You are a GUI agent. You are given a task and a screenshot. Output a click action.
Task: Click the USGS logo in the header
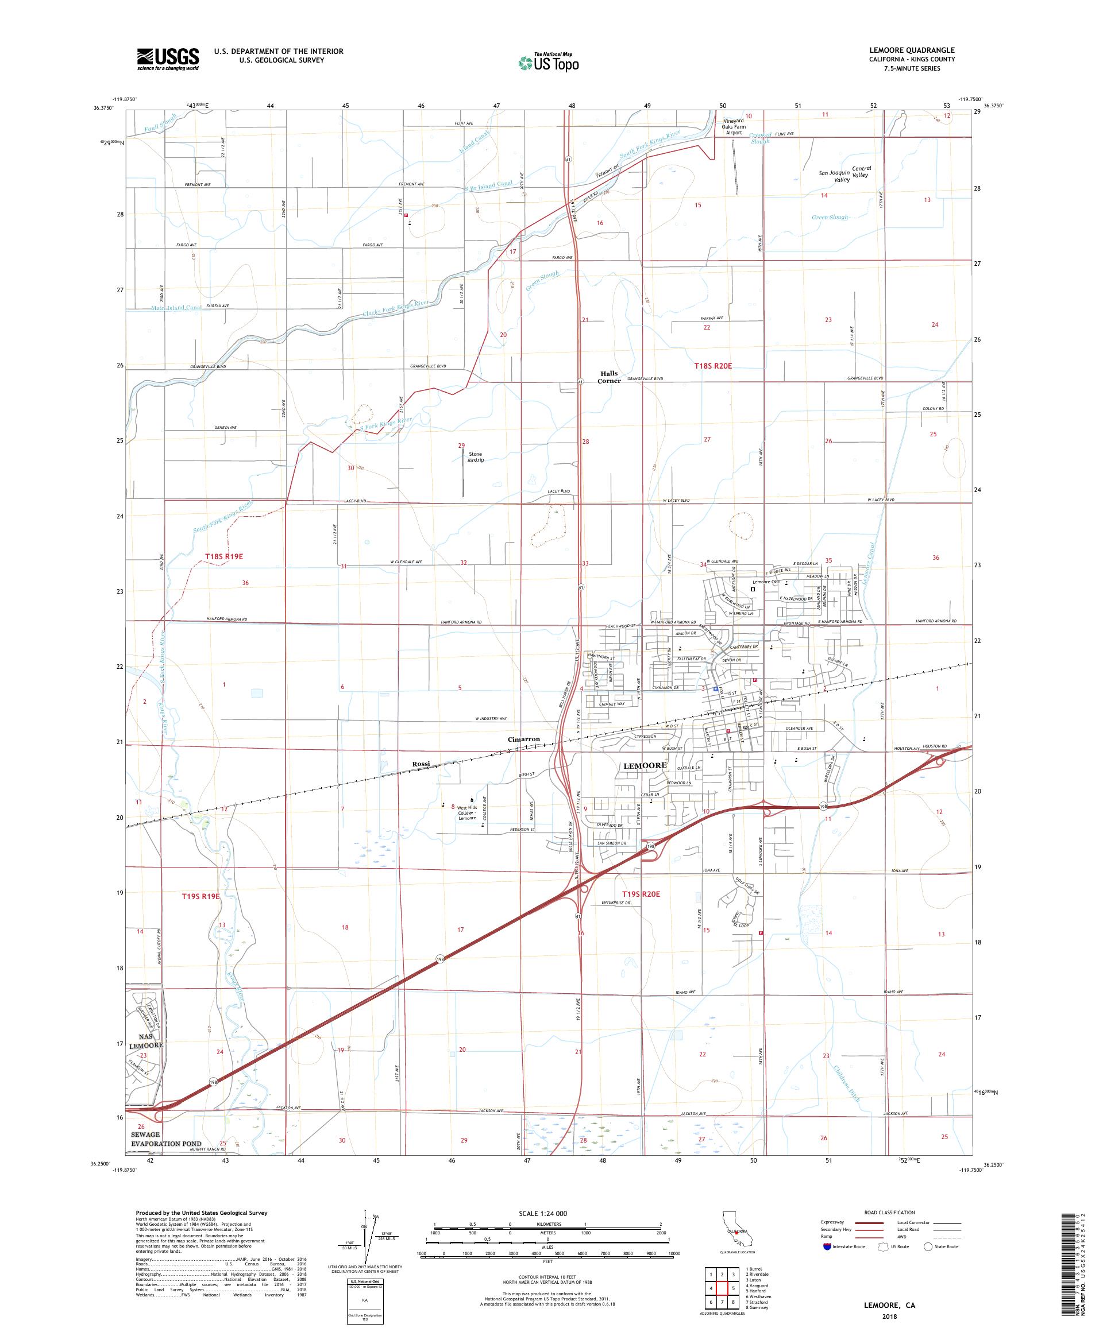[168, 60]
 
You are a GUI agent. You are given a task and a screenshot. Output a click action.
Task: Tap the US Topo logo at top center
[550, 62]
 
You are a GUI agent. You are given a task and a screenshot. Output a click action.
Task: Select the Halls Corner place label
[608, 377]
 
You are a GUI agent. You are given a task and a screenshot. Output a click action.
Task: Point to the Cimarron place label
[523, 739]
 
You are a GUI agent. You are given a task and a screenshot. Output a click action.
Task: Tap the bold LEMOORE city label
[645, 765]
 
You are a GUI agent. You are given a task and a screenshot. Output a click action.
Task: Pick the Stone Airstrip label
[476, 456]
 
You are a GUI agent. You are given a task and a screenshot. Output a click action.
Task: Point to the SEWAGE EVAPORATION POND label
[166, 1139]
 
